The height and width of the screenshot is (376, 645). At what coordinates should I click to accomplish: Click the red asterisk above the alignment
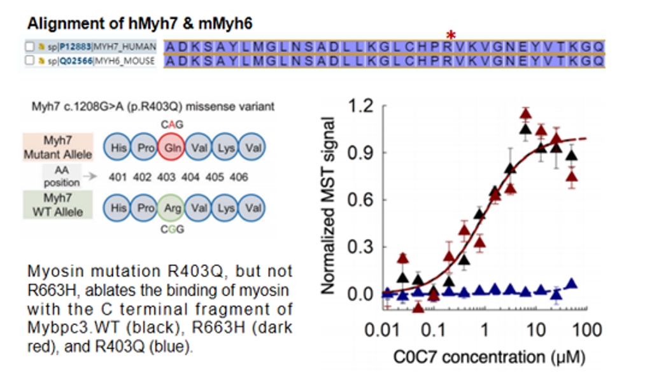451,35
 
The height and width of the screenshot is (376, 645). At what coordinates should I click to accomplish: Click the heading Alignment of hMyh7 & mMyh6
140,24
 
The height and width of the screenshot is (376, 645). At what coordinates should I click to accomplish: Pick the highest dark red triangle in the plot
525,114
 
